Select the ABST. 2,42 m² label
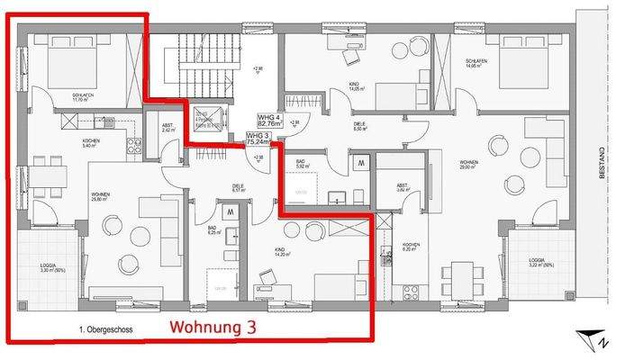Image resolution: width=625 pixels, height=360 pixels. click(x=168, y=128)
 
